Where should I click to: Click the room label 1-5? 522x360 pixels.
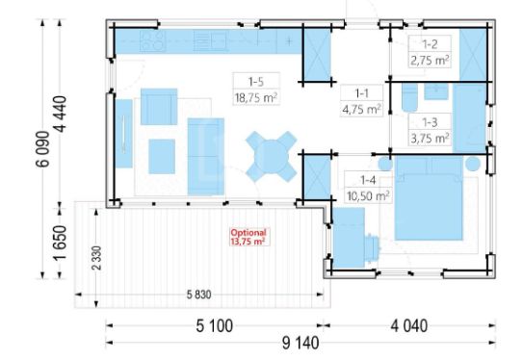pos(256,82)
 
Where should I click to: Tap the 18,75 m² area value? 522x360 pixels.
pos(256,98)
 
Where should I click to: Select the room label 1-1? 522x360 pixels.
pos(361,93)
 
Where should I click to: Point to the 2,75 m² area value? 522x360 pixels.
pos(430,61)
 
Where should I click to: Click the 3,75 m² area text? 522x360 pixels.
pos(430,138)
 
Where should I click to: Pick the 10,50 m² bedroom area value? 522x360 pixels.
pos(368,196)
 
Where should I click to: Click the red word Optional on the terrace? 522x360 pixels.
pos(248,233)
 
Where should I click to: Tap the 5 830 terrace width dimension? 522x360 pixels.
pos(198,295)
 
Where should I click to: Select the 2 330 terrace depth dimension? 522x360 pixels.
pos(96,258)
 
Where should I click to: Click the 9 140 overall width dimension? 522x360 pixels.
pos(300,343)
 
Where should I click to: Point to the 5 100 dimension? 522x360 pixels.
pos(215,325)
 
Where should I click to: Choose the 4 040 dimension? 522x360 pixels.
pos(408,325)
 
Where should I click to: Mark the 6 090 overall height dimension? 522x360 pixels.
pos(43,149)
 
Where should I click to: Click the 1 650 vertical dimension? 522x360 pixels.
pos(61,243)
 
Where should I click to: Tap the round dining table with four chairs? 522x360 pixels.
pos(272,156)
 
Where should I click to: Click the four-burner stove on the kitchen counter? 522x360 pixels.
pos(152,41)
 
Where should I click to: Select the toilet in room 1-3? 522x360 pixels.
pos(409,97)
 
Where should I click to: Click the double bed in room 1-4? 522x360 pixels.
pos(429,197)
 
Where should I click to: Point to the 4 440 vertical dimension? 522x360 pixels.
pos(61,114)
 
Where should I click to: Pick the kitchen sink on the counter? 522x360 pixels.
pos(210,41)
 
